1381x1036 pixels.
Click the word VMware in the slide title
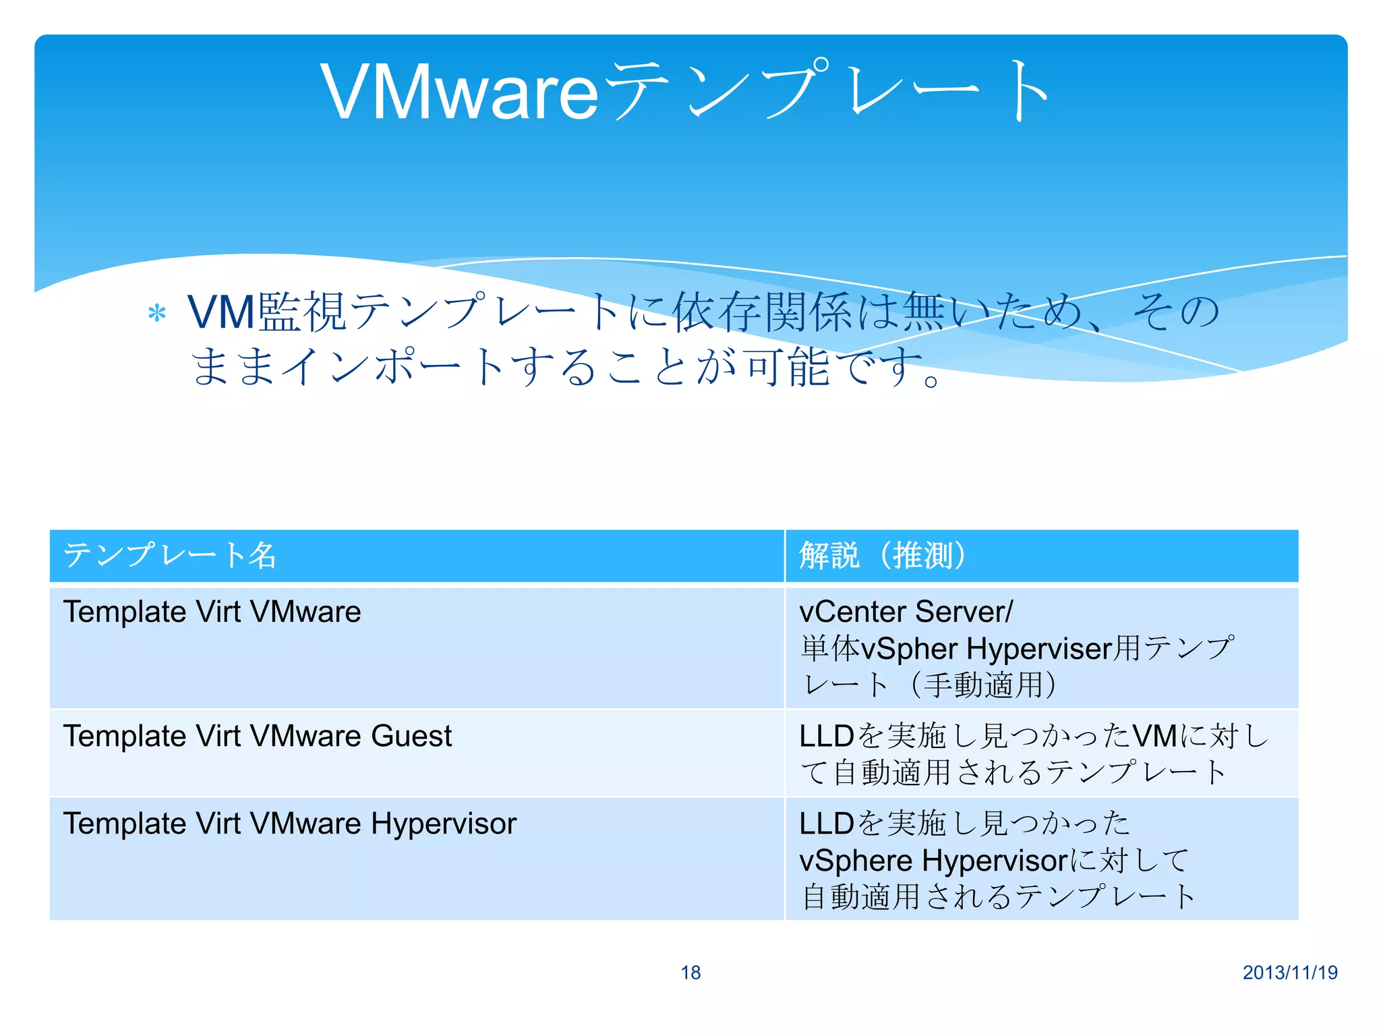tap(459, 92)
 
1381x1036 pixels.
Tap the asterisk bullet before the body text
tap(156, 314)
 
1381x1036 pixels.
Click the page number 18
tap(690, 973)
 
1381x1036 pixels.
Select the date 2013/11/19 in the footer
tap(1290, 973)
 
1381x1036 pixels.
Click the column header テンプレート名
tap(169, 556)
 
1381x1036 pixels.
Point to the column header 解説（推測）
tap(883, 556)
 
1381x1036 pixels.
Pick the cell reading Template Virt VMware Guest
tap(257, 736)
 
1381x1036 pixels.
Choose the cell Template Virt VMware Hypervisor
tap(289, 824)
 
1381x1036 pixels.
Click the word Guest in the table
tap(411, 736)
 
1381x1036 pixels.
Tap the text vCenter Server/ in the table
tap(906, 612)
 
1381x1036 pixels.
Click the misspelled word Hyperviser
tap(1038, 649)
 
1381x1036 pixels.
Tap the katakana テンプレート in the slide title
tap(826, 92)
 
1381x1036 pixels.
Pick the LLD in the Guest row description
tap(827, 736)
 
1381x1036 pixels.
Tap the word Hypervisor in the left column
tap(444, 824)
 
